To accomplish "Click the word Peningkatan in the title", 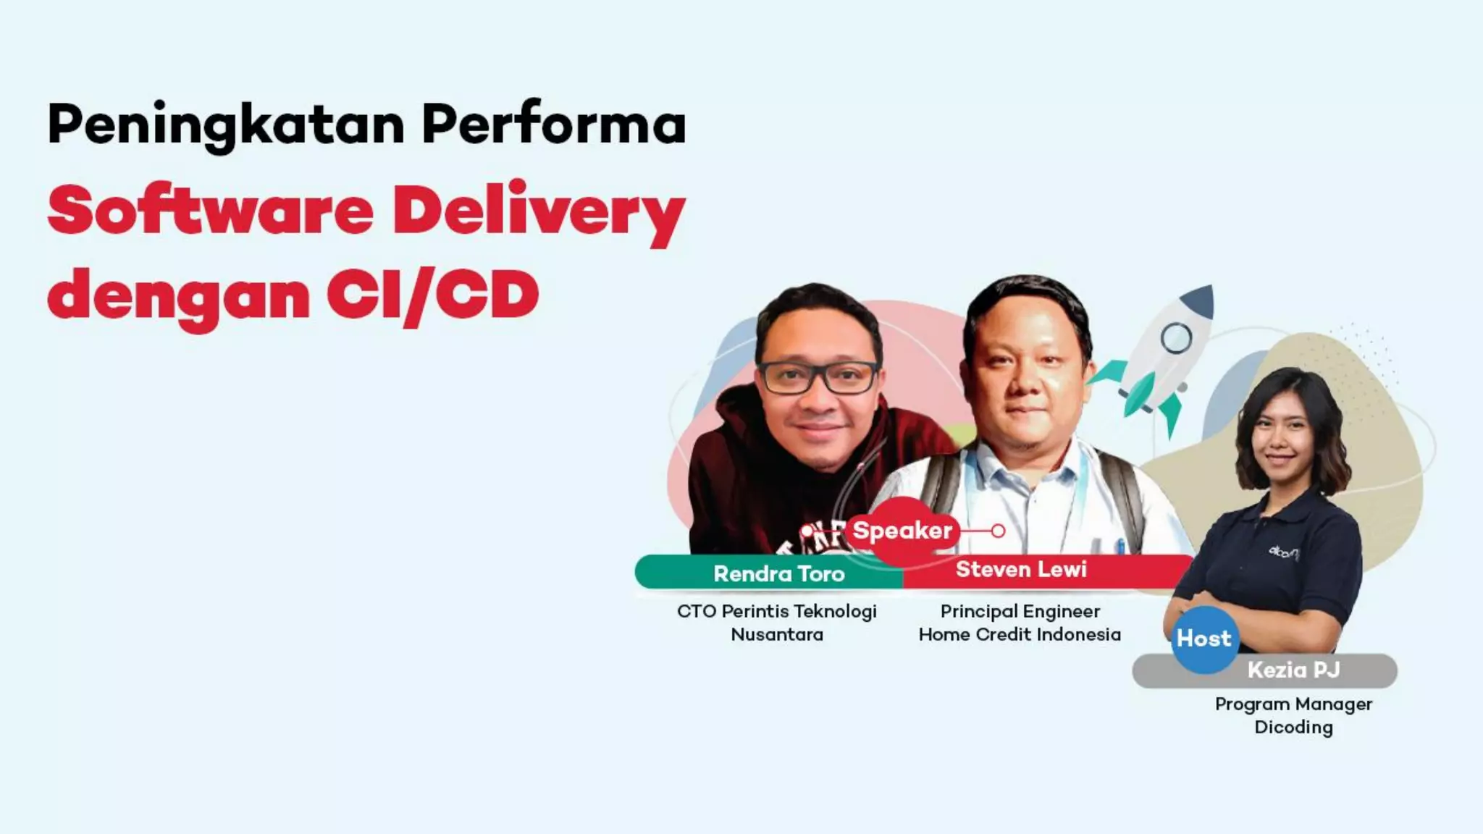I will tap(225, 125).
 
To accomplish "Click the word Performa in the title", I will tap(554, 125).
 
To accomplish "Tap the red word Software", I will tap(211, 210).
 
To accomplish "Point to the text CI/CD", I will tap(433, 295).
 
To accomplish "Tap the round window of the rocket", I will tap(1176, 337).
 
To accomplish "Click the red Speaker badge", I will tap(902, 531).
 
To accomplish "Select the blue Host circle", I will tap(1204, 639).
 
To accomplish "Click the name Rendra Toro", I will tap(779, 574).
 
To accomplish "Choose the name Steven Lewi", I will tap(1021, 570).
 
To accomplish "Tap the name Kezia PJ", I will tap(1293, 670).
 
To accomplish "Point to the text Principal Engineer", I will tap(1020, 612).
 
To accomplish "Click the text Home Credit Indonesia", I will tap(1020, 635).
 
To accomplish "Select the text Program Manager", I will tap(1293, 704).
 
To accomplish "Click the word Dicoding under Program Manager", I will tap(1293, 728).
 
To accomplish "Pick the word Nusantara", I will tap(777, 635).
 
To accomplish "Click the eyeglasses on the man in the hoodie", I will tap(818, 377).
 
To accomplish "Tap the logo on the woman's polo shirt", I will tap(1283, 552).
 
